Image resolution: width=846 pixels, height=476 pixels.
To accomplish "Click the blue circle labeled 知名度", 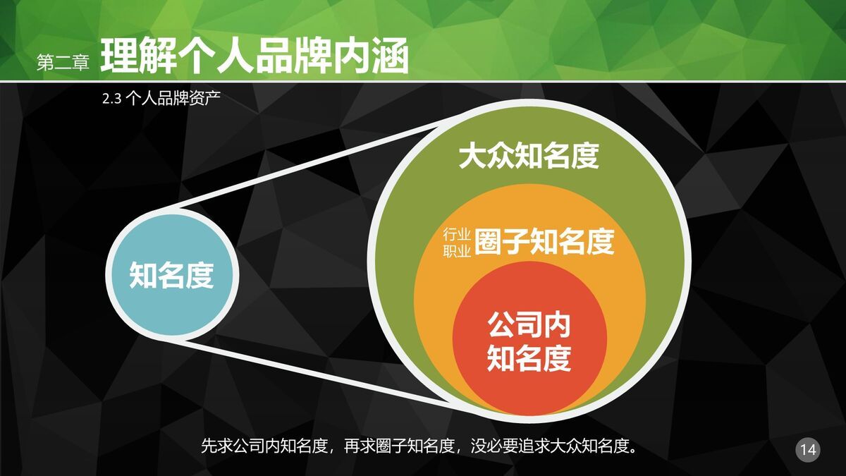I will [x=171, y=275].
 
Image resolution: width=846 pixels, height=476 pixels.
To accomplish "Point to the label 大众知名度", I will [x=528, y=157].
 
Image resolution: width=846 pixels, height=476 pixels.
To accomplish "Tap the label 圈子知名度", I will [x=544, y=242].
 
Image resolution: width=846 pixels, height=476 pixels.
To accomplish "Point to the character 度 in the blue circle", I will [x=200, y=275].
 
